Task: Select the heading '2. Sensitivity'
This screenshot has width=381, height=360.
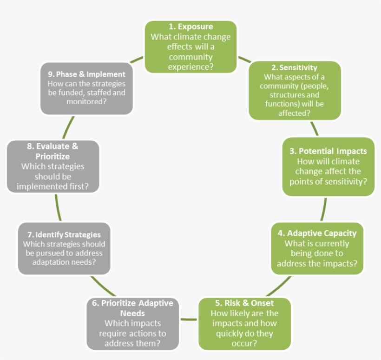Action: coord(295,67)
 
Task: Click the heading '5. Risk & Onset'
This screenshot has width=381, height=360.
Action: coord(245,303)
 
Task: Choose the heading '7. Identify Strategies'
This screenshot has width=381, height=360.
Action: coord(65,234)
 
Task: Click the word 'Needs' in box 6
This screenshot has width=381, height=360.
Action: coord(132,313)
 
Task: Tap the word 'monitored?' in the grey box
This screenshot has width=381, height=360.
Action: coord(86,101)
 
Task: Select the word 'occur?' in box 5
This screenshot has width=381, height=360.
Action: coord(245,344)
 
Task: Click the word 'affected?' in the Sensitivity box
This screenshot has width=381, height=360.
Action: coord(294,113)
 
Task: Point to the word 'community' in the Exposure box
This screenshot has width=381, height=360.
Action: coord(190,57)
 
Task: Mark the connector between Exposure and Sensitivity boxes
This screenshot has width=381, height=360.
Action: coord(244,60)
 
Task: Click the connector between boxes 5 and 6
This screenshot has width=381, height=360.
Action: coord(189,319)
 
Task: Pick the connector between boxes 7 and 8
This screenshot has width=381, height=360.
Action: coord(58,207)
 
